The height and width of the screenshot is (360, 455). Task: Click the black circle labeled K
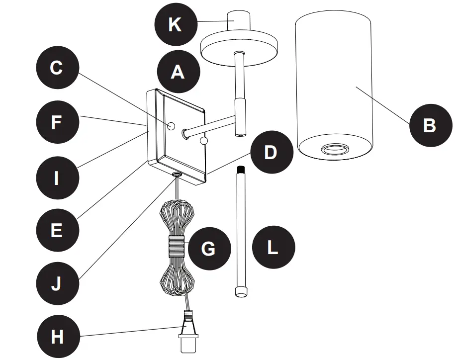175,24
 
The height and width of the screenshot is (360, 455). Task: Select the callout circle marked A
178,72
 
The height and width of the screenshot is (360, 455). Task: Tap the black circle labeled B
430,125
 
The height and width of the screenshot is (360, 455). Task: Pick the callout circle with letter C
57,68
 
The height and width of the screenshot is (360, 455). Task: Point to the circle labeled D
270,153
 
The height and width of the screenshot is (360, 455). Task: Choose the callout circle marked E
57,230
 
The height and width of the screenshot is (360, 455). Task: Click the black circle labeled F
57,122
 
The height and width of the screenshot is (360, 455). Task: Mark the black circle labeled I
57,177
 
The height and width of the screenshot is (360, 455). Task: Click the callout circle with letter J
57,283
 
